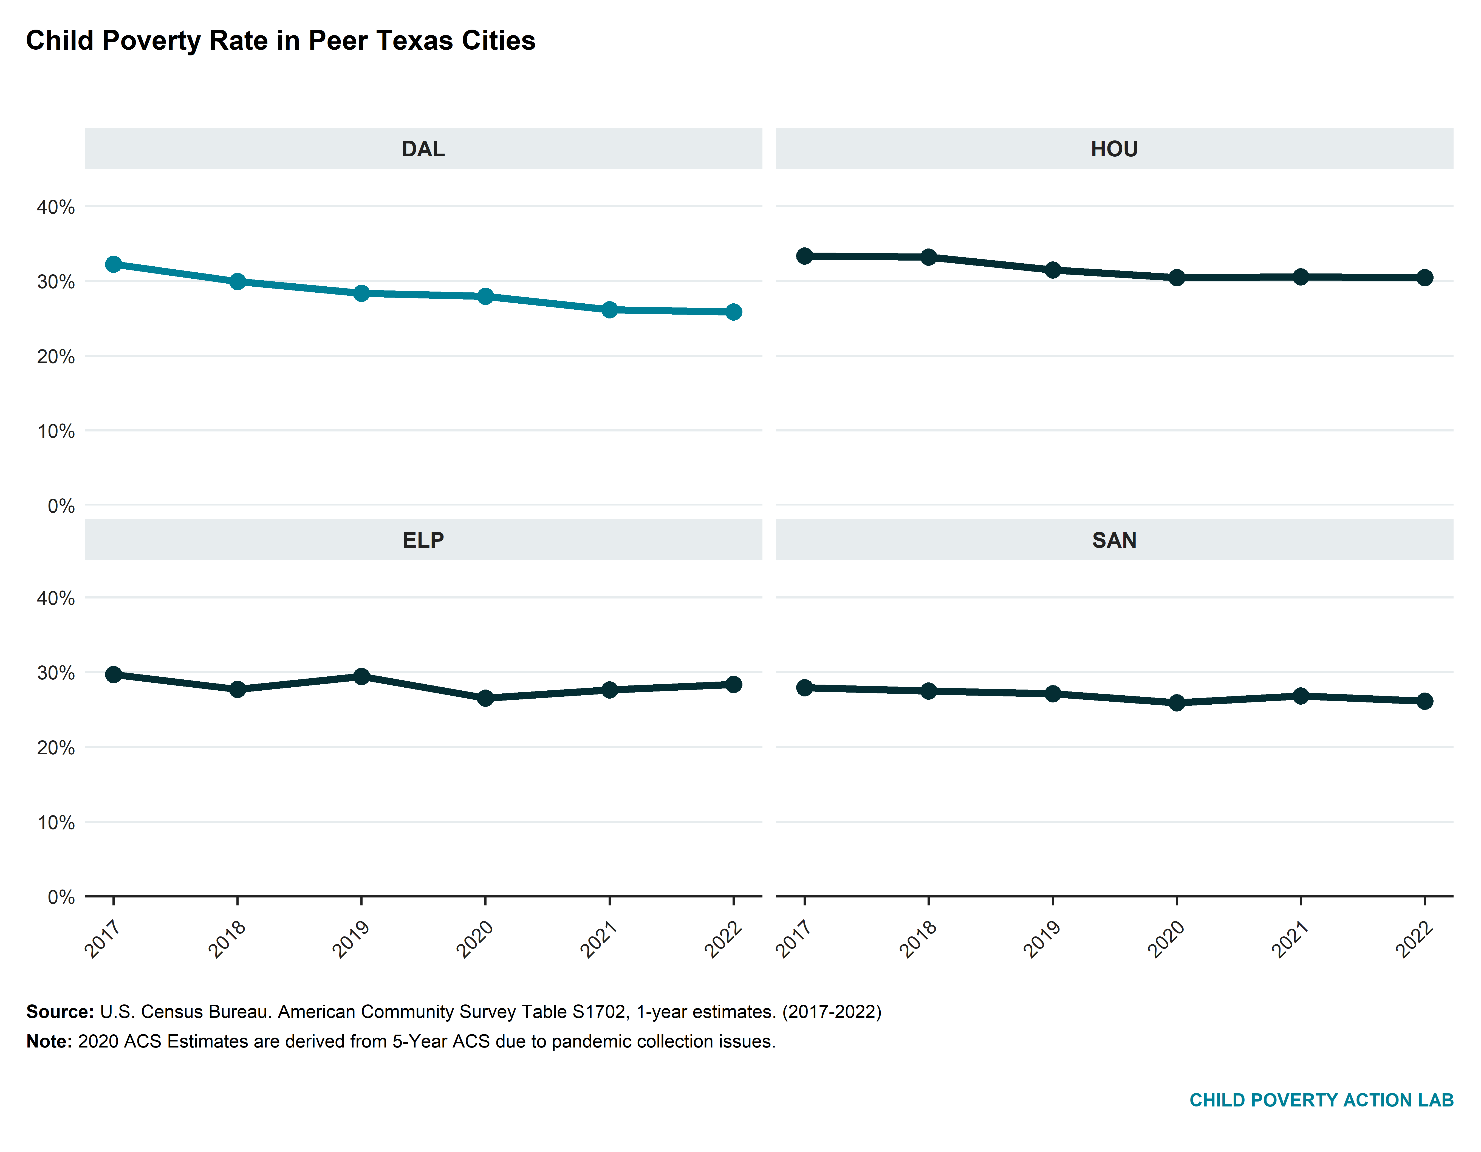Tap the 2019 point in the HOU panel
[1052, 270]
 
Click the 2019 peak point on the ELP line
[361, 676]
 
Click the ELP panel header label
[423, 540]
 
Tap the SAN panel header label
[1114, 540]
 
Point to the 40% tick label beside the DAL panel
[56, 207]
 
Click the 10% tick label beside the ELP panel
[56, 823]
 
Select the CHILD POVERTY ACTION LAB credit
[1321, 1100]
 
